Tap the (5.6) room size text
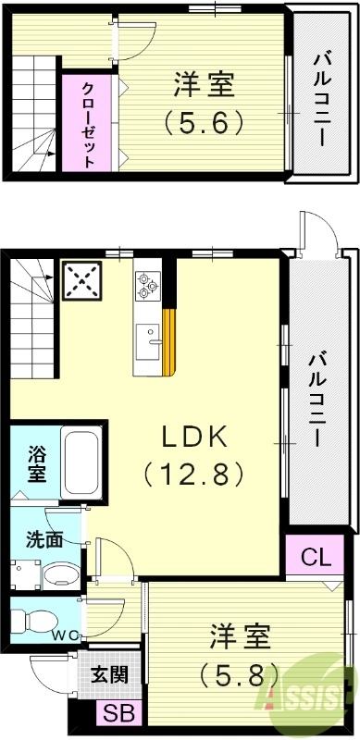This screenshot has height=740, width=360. tap(204, 121)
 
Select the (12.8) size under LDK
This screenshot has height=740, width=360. tap(193, 474)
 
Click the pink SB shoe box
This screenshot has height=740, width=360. tap(118, 713)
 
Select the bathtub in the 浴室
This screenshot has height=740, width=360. tap(81, 462)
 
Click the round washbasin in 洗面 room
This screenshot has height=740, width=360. tap(59, 574)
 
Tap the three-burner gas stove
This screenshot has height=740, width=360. tap(147, 285)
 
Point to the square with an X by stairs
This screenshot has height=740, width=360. tap(81, 281)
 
